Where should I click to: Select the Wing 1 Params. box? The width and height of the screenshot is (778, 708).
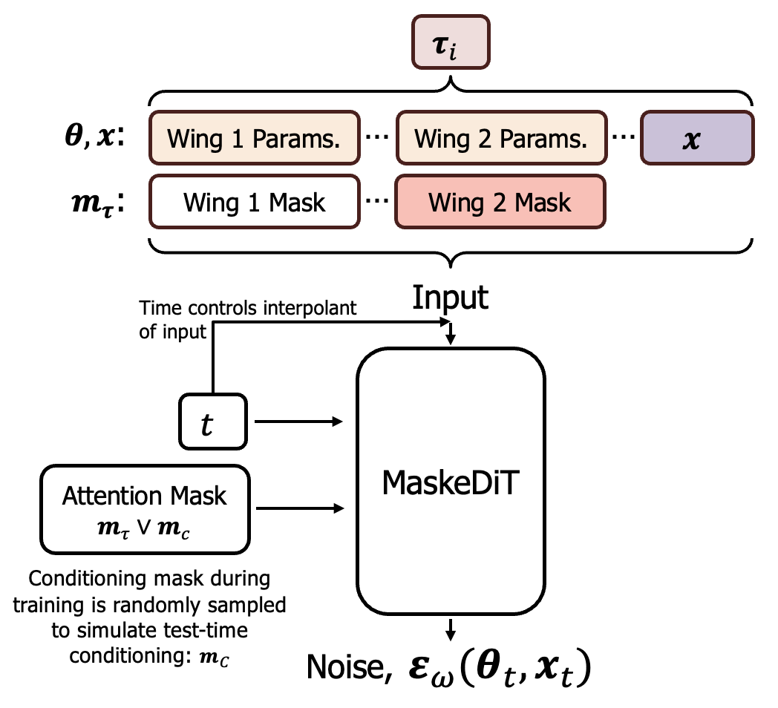(x=253, y=138)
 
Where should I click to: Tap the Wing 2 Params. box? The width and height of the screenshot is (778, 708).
(x=501, y=138)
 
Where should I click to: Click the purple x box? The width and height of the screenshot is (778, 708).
(x=696, y=138)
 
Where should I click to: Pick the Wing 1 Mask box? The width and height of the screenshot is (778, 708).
(x=253, y=201)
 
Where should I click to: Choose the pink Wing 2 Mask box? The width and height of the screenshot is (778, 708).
(x=501, y=201)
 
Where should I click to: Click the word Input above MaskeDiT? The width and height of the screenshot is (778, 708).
(x=451, y=298)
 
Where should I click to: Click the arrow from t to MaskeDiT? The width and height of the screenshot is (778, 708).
(x=298, y=422)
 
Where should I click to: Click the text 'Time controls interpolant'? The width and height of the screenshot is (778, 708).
(x=247, y=309)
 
